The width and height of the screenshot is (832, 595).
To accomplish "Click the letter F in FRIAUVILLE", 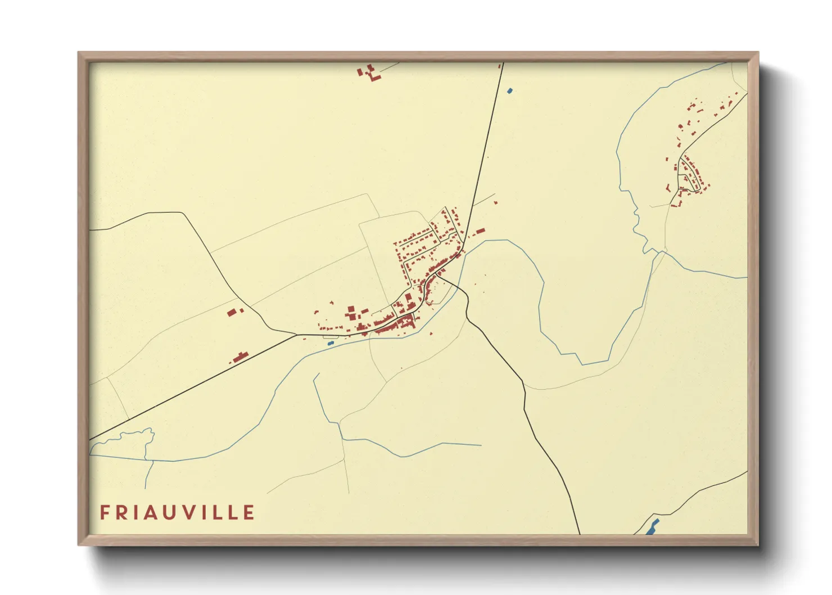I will pos(105,512).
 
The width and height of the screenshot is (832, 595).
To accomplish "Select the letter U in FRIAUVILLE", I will pos(176,512).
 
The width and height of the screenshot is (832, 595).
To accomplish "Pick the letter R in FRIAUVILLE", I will pos(123,512).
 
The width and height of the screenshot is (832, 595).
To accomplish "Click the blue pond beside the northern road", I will pos(509,90).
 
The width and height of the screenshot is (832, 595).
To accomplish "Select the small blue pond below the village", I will pos(331,342).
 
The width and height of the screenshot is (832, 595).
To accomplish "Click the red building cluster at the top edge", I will pos(369,73).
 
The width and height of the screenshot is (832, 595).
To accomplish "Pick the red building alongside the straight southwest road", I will pos(241,357).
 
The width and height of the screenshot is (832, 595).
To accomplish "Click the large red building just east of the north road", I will pos(480,231).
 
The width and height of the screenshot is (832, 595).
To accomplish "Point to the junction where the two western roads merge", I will pos(297,335).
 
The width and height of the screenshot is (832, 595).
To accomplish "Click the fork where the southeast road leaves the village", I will pos(437,275).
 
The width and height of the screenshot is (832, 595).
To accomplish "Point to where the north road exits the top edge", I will pos(503,63).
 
